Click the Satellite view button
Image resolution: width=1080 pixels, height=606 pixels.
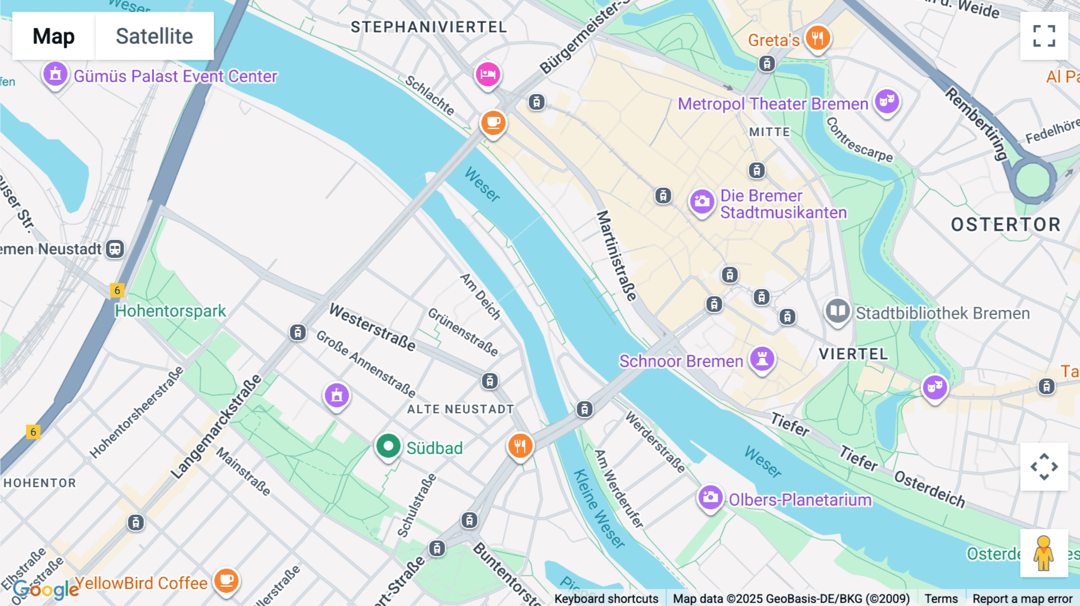(x=154, y=36)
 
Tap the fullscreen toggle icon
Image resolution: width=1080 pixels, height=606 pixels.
(x=1044, y=36)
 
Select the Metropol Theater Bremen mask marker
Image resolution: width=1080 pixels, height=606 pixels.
(x=887, y=101)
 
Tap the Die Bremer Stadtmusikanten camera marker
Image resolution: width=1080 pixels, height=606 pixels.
(x=701, y=202)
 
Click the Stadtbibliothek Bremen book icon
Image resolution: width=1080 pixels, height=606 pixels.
(x=837, y=311)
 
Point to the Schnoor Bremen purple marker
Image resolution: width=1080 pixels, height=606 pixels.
(x=762, y=359)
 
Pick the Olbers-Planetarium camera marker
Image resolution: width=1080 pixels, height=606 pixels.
(x=710, y=497)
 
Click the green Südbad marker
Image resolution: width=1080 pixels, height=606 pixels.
(x=388, y=446)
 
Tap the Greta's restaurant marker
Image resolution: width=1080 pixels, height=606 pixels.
(x=817, y=38)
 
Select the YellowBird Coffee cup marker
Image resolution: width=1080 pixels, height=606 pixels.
(x=226, y=580)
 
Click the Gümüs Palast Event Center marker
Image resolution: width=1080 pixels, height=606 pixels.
(x=55, y=74)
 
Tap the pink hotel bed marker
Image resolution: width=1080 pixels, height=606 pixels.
(x=488, y=74)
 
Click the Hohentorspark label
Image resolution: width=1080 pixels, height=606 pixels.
(x=170, y=311)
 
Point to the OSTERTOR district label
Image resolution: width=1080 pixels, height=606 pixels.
(x=1006, y=224)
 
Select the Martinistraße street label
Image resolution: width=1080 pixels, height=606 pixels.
(x=616, y=255)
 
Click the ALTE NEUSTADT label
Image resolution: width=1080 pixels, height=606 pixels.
(x=460, y=409)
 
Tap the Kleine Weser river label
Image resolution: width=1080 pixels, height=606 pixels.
(x=599, y=508)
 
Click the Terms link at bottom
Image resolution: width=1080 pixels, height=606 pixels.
(x=941, y=598)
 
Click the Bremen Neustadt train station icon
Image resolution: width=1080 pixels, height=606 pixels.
(x=115, y=248)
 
